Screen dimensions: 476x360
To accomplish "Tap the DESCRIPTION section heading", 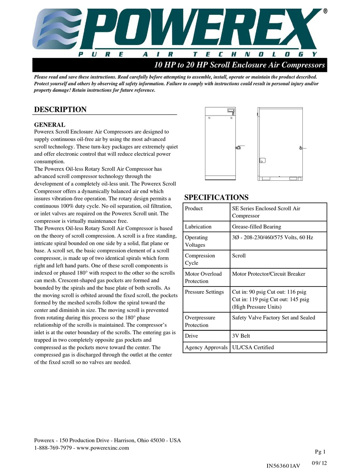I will [60, 110].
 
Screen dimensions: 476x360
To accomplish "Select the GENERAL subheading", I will [50, 125].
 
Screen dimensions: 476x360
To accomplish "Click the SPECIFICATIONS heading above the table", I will [216, 197].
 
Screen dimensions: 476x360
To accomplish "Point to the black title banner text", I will [239, 65].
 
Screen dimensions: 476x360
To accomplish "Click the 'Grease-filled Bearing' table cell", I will [257, 227].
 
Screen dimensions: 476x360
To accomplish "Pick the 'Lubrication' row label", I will [198, 227].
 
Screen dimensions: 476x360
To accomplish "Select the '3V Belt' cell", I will [241, 336].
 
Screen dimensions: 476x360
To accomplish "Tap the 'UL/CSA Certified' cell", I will [253, 347].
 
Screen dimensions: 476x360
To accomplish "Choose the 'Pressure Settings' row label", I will [204, 292].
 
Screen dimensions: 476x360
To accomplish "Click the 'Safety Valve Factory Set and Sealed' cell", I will [273, 318].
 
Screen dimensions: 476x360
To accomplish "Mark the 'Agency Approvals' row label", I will [206, 347].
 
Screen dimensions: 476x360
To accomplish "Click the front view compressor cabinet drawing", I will [221, 144].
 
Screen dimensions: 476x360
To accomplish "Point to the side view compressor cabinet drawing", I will [281, 144].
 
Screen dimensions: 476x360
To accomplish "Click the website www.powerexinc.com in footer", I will [103, 448].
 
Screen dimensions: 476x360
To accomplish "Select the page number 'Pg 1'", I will [320, 451].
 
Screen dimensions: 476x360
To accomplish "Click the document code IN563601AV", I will [283, 466].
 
